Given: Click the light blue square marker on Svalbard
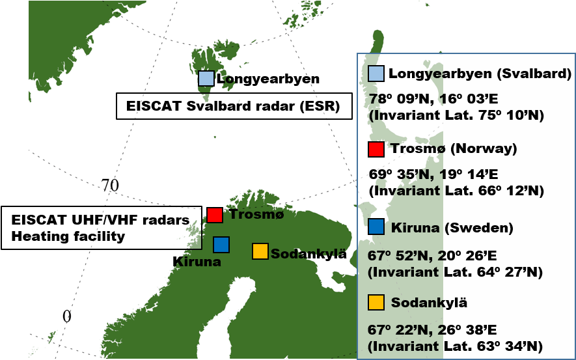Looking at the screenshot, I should pos(206,79).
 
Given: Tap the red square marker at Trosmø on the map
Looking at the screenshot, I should pos(215,214).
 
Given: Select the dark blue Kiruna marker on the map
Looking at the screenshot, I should pos(221,244).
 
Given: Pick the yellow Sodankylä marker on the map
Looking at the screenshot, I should pos(260,251).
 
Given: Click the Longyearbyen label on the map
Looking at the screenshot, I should pos(268,79).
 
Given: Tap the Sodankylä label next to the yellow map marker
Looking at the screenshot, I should pos(309,254).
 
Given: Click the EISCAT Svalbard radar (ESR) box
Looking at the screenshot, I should pos(234,106).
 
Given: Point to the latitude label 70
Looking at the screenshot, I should pos(110,186).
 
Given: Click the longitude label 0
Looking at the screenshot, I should pos(66,316).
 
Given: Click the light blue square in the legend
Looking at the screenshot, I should pos(376,74).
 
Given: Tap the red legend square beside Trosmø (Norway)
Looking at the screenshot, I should pos(376,149).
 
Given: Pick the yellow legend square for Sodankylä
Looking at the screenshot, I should pos(376,303).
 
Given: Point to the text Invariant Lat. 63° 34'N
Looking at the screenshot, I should pos(456,346).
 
